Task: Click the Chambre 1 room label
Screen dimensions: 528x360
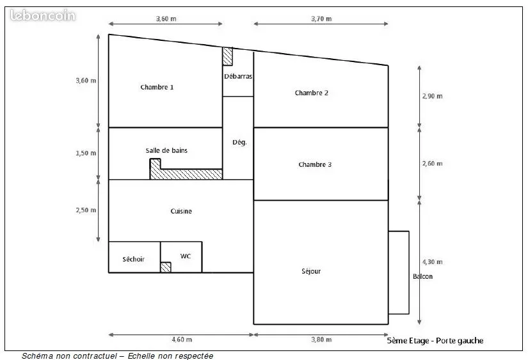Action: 157,87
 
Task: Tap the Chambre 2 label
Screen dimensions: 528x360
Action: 312,93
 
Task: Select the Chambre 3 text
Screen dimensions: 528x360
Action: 315,164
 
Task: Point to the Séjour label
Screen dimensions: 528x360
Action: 311,271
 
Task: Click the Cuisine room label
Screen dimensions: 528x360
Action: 181,211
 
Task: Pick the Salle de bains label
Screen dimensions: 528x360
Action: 166,150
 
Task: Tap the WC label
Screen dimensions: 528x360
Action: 186,256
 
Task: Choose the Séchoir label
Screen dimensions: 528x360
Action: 133,259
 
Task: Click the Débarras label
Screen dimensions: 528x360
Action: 238,76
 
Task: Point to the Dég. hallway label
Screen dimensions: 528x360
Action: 239,143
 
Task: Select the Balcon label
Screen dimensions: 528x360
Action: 422,277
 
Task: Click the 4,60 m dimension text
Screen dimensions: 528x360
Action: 182,340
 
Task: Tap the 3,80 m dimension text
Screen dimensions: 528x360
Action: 321,340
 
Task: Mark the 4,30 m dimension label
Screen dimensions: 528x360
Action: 433,262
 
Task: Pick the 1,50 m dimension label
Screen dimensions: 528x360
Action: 86,153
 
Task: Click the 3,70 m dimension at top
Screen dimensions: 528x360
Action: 321,19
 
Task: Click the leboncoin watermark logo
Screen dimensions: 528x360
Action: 43,15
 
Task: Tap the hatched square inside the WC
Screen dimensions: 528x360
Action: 166,267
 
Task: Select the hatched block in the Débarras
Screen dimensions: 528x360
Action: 228,56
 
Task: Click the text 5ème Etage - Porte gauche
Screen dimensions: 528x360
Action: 435,341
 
